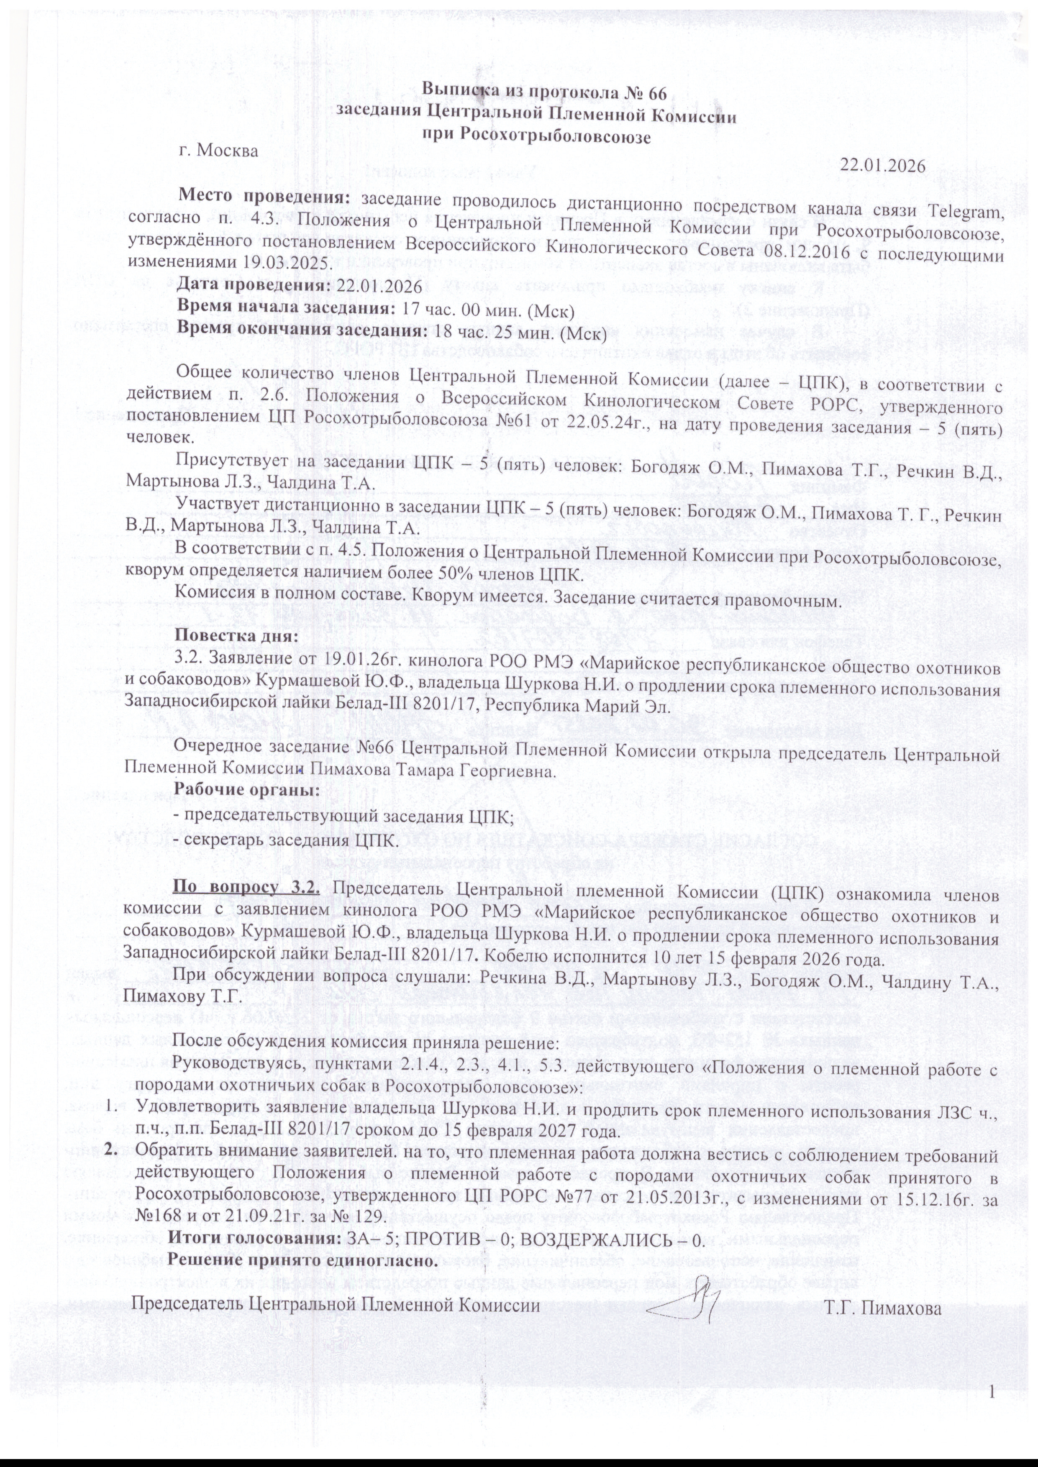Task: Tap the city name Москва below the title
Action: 228,151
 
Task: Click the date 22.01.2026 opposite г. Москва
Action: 883,165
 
